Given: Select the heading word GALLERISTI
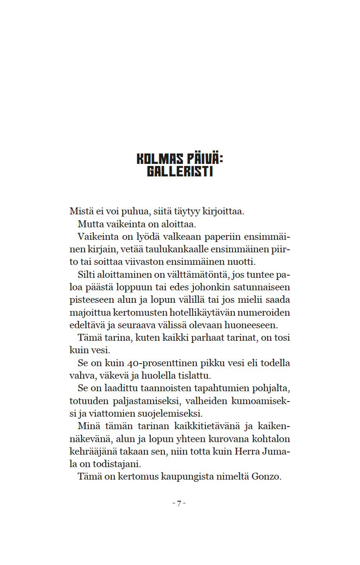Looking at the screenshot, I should tap(180, 172).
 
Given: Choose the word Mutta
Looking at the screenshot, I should tap(89, 224).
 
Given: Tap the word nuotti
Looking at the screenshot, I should tap(243, 262).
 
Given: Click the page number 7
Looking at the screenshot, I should tap(179, 503).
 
